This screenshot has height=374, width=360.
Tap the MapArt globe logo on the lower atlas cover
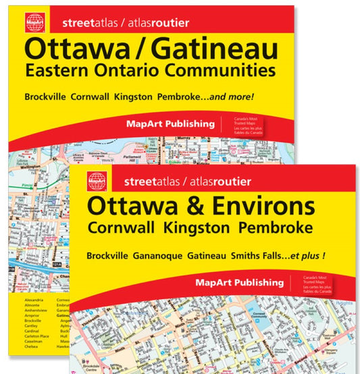pos(97,181)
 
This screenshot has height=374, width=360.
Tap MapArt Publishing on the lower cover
pos(240,282)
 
